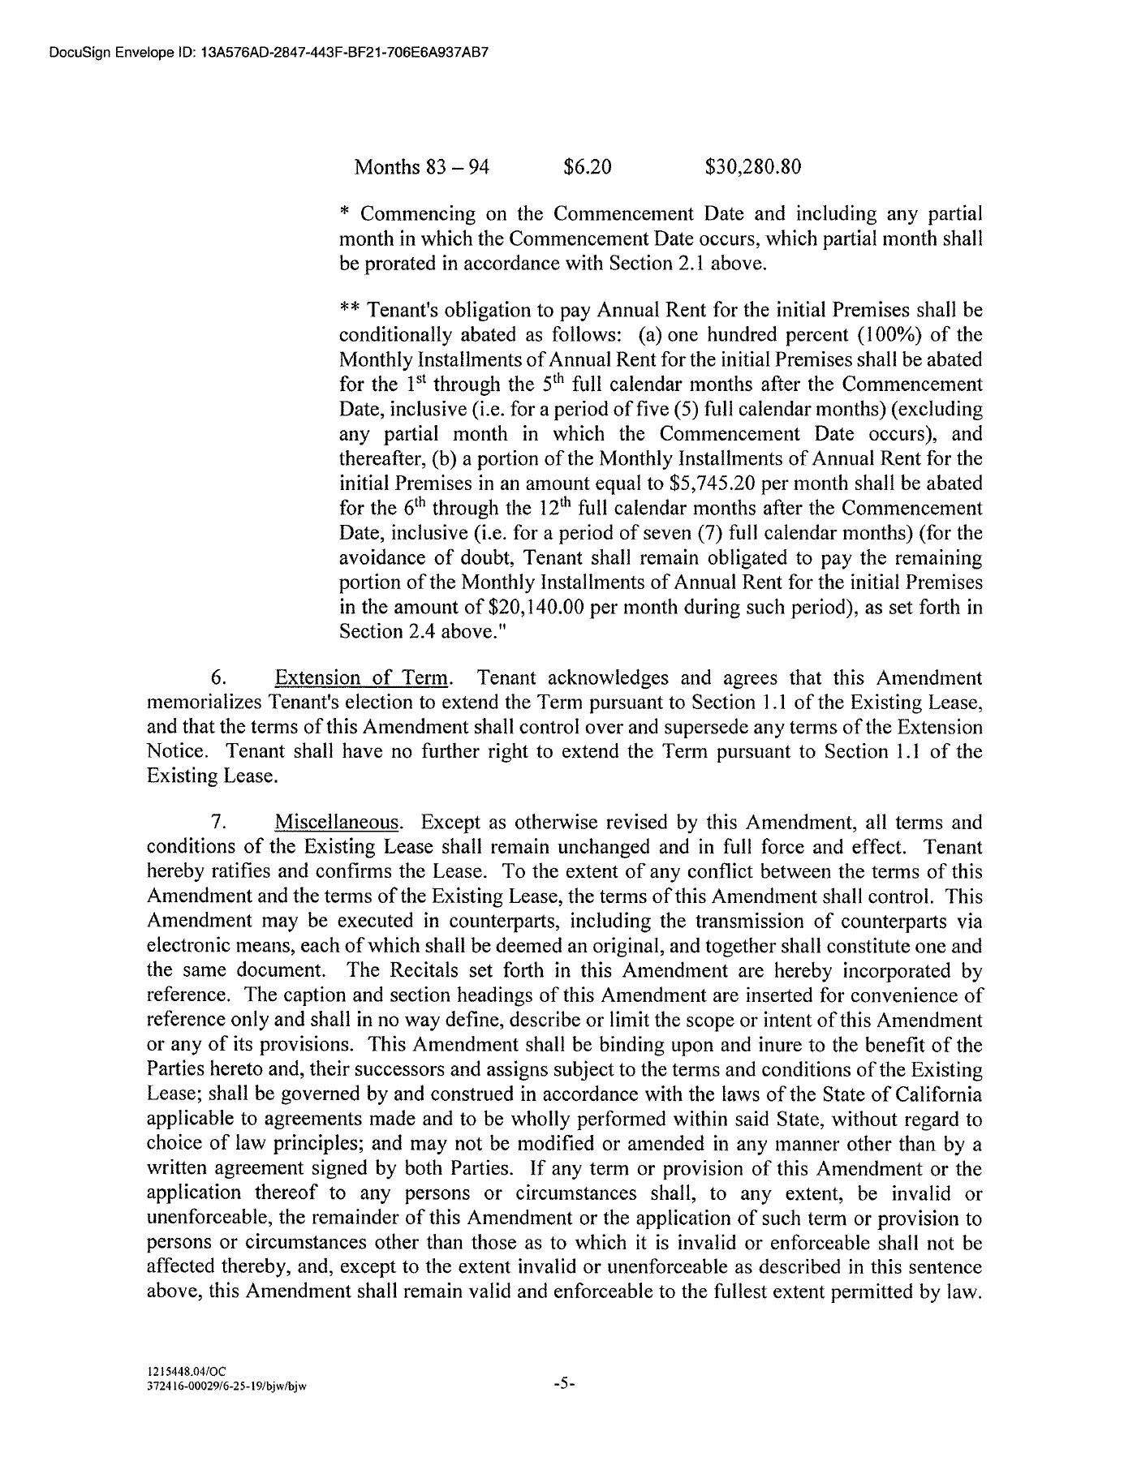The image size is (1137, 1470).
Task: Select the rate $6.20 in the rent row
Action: (x=587, y=167)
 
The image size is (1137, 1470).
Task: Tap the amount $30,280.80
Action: (x=753, y=167)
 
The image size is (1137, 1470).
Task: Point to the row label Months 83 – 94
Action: (x=422, y=167)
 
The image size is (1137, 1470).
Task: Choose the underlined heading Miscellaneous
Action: (x=338, y=823)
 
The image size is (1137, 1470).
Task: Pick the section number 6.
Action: (x=217, y=678)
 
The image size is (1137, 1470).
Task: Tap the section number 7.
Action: (x=217, y=823)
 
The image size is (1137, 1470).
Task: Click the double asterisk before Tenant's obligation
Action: (x=349, y=310)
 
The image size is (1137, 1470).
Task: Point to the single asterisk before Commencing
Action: (x=345, y=214)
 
